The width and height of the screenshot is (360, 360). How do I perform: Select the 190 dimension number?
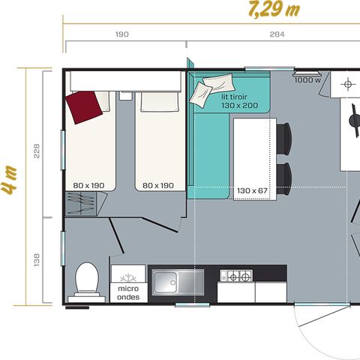tap(122, 34)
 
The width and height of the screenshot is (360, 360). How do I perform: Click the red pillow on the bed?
tap(83, 106)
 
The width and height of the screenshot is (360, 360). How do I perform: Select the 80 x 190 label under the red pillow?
tap(91, 184)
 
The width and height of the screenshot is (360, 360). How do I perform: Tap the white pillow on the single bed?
tap(155, 100)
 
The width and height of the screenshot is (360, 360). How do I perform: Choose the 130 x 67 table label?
tap(253, 190)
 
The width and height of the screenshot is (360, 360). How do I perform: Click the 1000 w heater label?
tap(307, 79)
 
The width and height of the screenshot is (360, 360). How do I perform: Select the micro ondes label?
tap(128, 292)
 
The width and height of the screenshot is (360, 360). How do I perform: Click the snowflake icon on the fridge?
tap(128, 274)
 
